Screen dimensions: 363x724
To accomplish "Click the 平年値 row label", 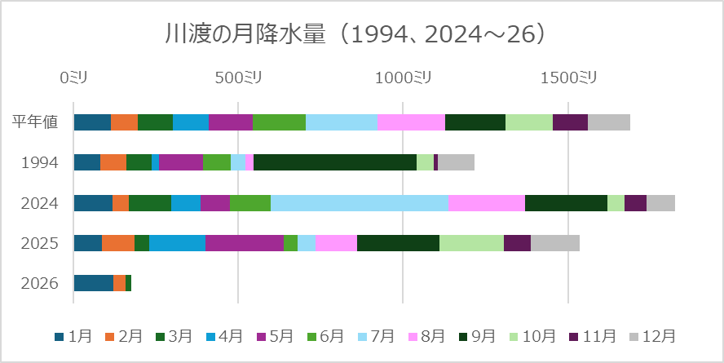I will [x=35, y=122].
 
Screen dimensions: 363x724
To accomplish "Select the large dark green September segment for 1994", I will [x=335, y=162].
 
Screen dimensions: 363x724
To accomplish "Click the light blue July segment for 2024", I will [x=359, y=203].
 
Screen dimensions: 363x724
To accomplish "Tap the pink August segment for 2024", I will [x=486, y=203].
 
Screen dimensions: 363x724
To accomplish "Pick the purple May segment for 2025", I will [x=244, y=243].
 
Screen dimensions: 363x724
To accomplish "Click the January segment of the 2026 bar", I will [x=93, y=283].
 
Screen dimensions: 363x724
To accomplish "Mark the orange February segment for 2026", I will [x=119, y=283].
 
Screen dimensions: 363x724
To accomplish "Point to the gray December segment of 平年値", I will [x=609, y=122].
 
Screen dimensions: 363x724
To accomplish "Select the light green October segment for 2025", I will [x=471, y=243].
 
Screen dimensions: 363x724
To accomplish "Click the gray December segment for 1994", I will [x=456, y=162].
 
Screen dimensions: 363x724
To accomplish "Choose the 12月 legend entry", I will [x=652, y=336].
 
